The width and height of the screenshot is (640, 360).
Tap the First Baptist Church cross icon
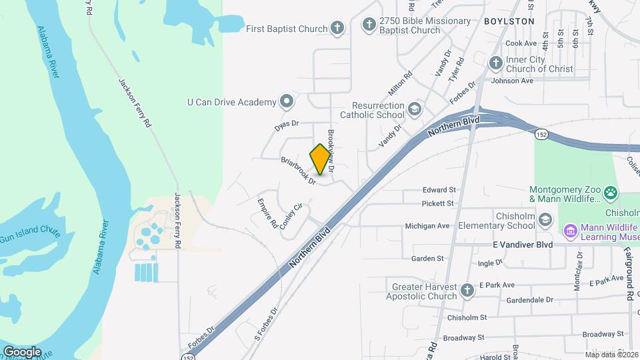point(338,28)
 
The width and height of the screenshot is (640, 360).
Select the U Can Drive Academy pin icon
point(287,101)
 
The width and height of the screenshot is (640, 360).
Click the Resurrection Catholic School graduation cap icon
point(415,109)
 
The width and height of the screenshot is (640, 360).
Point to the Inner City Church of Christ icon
point(495,63)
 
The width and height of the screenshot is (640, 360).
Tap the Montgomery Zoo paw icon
point(611,193)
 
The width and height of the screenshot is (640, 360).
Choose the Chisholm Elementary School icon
point(545,220)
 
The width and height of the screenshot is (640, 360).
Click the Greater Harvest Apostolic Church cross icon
point(467,289)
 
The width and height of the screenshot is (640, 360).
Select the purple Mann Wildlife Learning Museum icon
point(569,231)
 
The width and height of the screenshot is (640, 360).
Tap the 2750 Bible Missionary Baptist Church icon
point(369,25)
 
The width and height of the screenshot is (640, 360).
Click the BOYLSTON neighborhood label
point(509,21)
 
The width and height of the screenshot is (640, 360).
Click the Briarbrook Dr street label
point(297,171)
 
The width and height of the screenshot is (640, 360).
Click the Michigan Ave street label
point(427,226)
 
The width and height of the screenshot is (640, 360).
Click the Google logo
point(22,351)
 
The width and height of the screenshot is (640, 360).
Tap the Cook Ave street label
point(521,43)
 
